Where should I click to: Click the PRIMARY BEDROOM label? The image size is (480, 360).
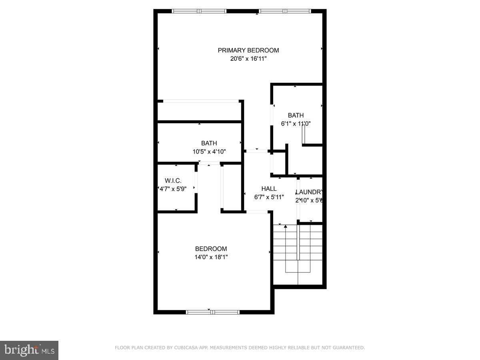pyautogui.click(x=248, y=50)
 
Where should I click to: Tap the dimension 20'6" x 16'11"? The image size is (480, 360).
pyautogui.click(x=248, y=59)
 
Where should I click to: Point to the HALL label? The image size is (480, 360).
pyautogui.click(x=269, y=189)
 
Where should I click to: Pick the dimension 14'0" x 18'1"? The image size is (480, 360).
pyautogui.click(x=211, y=257)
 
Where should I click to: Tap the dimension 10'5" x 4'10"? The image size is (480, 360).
pyautogui.click(x=209, y=152)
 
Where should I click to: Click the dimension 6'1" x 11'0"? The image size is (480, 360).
pyautogui.click(x=296, y=124)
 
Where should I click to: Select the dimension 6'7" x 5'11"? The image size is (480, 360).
pyautogui.click(x=269, y=197)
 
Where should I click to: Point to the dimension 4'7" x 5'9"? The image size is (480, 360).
pyautogui.click(x=173, y=189)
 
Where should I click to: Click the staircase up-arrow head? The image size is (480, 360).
pyautogui.click(x=286, y=227)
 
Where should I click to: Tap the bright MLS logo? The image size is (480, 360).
pyautogui.click(x=29, y=350)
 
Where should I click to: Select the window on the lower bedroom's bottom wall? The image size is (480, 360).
pyautogui.click(x=213, y=312)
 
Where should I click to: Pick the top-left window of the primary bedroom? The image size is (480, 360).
pyautogui.click(x=199, y=11)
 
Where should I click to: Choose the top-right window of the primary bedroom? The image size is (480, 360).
pyautogui.click(x=285, y=11)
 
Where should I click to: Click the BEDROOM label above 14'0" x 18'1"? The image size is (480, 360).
pyautogui.click(x=211, y=249)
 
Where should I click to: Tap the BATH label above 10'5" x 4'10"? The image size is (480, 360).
pyautogui.click(x=209, y=143)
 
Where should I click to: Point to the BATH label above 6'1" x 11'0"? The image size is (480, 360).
pyautogui.click(x=296, y=116)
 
